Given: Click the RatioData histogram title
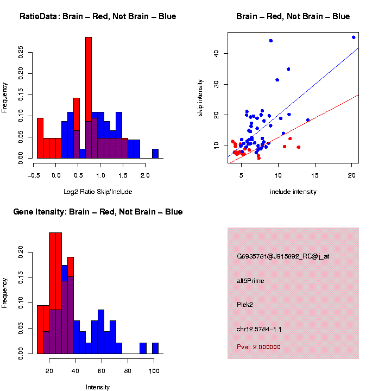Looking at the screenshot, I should point(98,17).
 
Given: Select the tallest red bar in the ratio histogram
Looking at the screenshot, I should point(89,98).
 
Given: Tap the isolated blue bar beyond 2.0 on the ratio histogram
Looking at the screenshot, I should point(155,153).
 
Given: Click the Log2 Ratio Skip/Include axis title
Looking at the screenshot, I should point(98,192).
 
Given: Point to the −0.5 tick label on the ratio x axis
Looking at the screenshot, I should point(34,176).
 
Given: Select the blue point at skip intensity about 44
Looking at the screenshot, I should point(271,41).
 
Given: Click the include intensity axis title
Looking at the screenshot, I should point(293,192).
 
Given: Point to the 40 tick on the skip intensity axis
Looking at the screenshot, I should point(216,53).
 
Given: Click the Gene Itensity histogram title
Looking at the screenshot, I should point(98,212).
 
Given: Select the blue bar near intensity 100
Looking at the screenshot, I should point(155,348).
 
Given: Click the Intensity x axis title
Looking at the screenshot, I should point(98,387).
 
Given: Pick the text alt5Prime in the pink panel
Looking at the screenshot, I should point(250,281).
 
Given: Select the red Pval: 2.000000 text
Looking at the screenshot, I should point(258,347).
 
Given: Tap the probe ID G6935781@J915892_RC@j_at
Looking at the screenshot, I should point(283,256).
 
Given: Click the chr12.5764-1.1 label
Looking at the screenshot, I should point(259,329).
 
